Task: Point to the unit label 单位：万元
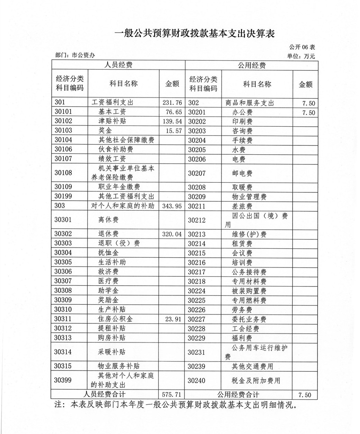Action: [301, 56]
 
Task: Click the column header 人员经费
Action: [119, 65]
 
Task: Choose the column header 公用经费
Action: [252, 65]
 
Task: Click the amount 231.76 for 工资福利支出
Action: [172, 103]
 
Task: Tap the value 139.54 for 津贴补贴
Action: [172, 122]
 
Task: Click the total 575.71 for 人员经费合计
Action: [172, 395]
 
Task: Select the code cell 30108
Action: [64, 172]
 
